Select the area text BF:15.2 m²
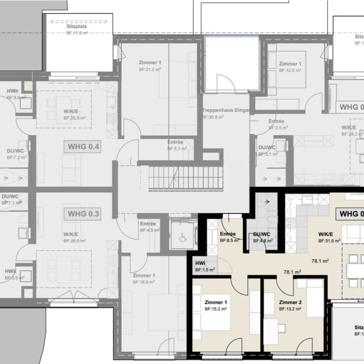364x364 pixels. click(215, 309)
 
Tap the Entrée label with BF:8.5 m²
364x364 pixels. click(228, 234)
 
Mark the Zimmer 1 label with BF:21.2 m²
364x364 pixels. click(150, 62)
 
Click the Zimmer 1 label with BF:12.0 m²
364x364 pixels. click(290, 64)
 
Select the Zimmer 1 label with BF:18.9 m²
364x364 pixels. click(144, 276)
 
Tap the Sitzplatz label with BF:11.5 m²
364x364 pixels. click(76, 27)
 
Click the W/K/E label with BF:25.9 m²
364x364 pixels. click(72, 111)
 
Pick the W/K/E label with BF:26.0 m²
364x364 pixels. click(72, 234)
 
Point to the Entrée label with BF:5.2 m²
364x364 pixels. click(175, 142)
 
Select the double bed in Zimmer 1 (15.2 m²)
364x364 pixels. click(212, 313)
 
